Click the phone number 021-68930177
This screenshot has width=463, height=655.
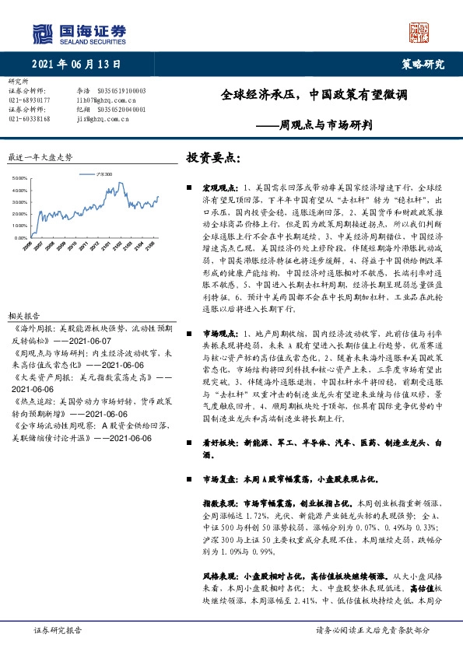(x=29, y=100)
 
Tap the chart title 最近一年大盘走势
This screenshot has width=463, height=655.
(x=39, y=156)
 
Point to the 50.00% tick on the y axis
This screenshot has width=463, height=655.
(x=21, y=178)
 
